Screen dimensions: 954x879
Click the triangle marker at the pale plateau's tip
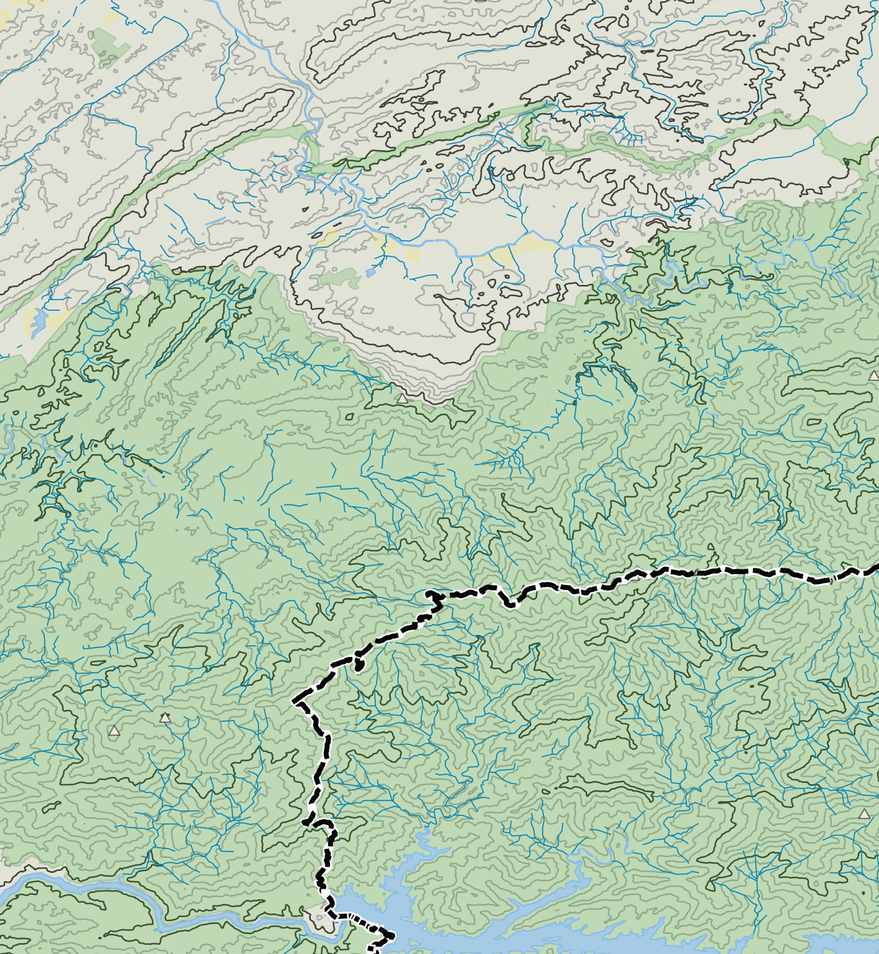coord(402,398)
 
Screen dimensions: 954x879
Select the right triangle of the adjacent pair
coord(165,718)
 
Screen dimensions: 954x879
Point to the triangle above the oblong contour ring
coord(873,376)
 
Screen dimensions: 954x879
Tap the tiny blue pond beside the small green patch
coord(370,273)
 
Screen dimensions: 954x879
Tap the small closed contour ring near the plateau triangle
coord(349,417)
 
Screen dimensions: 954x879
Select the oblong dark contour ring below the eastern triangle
coord(814,422)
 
